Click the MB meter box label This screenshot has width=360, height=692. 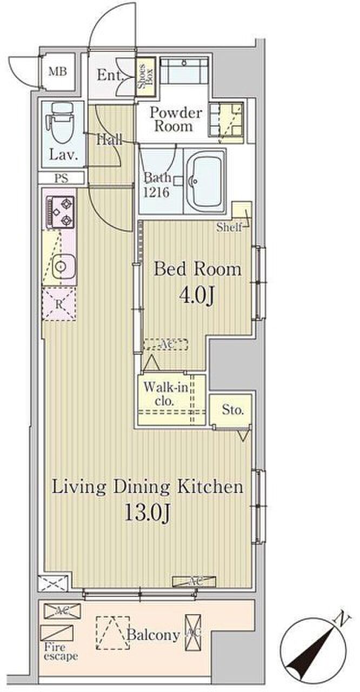(58, 72)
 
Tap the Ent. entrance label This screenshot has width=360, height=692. (110, 75)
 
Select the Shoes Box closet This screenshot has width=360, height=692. (145, 77)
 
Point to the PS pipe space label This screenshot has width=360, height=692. (61, 178)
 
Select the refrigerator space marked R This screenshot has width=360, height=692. (59, 304)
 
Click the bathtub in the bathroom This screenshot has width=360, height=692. (205, 181)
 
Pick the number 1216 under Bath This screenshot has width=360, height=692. (156, 192)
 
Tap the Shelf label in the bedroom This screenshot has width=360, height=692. (229, 228)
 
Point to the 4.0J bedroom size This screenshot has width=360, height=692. (197, 297)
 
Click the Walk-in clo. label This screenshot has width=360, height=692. (166, 394)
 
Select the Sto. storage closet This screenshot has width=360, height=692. (230, 411)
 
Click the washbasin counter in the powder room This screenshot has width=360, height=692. (184, 70)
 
